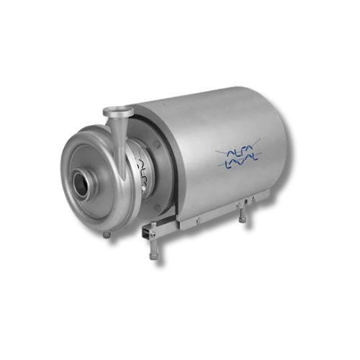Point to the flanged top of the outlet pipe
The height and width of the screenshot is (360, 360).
(118, 111)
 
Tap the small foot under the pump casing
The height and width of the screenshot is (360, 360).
(107, 234)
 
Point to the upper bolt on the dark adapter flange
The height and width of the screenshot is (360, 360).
(158, 144)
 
